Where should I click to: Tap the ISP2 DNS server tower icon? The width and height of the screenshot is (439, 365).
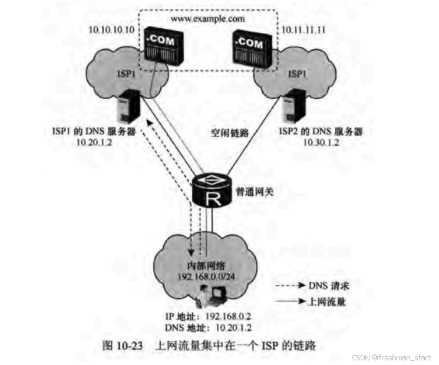(291, 106)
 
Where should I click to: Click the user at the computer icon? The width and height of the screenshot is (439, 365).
(213, 293)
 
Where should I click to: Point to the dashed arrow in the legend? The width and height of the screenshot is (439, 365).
(289, 285)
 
